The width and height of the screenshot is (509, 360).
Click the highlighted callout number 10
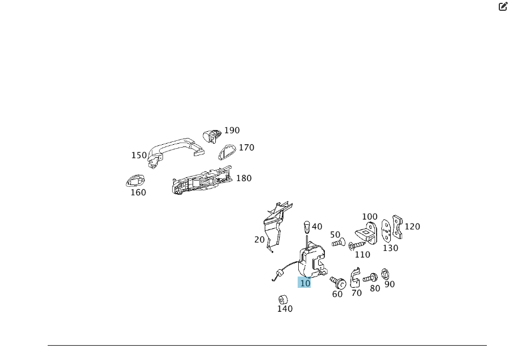305,283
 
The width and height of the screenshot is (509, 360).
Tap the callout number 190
232,131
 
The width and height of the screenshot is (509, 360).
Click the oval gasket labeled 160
135,181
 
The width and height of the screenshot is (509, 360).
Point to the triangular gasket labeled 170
228,152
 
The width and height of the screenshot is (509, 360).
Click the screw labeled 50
337,243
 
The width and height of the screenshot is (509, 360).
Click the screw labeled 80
370,278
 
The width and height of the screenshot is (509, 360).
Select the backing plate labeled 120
398,227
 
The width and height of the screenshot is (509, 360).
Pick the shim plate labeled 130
386,231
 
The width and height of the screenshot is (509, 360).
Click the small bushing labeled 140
282,299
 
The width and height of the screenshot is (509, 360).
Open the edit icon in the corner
503,7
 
